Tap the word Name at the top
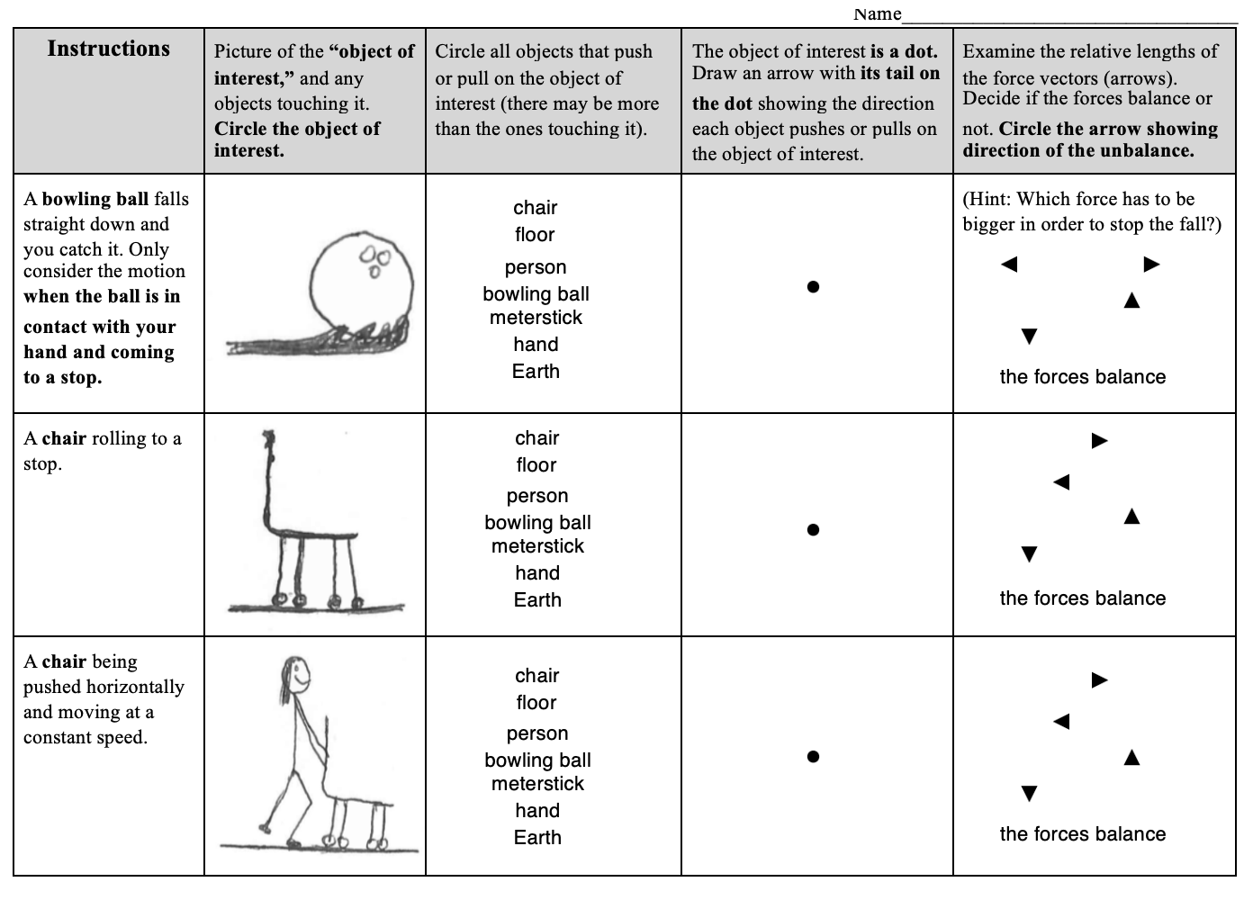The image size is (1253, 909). pyautogui.click(x=877, y=13)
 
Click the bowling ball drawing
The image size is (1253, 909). pyautogui.click(x=361, y=280)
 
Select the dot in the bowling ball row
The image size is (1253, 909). pyautogui.click(x=813, y=287)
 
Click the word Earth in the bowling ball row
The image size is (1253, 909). pyautogui.click(x=536, y=372)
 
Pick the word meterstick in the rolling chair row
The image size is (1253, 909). pyautogui.click(x=537, y=546)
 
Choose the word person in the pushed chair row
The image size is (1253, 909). pyautogui.click(x=537, y=733)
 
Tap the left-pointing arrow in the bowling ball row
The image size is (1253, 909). pyautogui.click(x=1009, y=265)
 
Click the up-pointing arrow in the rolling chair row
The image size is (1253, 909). pyautogui.click(x=1131, y=516)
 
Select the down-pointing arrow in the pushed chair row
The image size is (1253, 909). pyautogui.click(x=1030, y=793)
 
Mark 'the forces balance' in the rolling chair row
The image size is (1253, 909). pyautogui.click(x=1082, y=598)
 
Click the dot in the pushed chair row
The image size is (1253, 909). pyautogui.click(x=813, y=757)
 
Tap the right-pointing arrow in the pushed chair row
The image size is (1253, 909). pyautogui.click(x=1099, y=680)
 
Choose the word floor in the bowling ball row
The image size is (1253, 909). pyautogui.click(x=535, y=235)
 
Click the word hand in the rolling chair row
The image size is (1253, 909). pyautogui.click(x=537, y=573)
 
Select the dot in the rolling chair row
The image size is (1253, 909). pyautogui.click(x=813, y=529)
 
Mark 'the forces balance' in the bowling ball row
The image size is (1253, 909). pyautogui.click(x=1082, y=377)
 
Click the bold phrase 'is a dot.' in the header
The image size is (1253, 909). pyautogui.click(x=904, y=51)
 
